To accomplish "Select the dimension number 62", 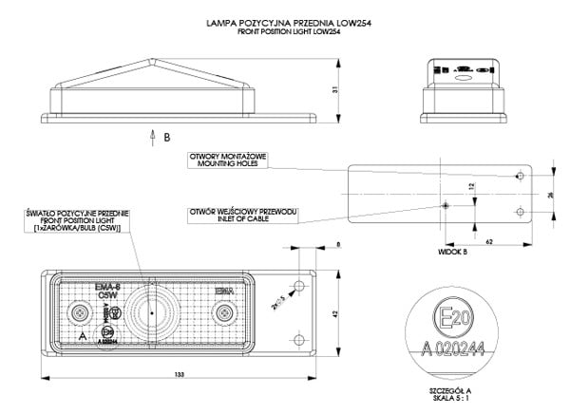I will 488,244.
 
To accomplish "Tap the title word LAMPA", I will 221,20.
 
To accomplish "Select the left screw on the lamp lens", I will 80,312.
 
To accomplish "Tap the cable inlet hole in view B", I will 444,204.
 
